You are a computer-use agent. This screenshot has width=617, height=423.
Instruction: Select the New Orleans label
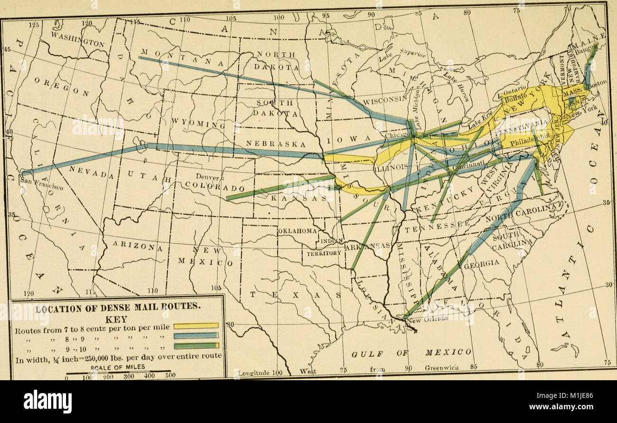pyautogui.click(x=430, y=320)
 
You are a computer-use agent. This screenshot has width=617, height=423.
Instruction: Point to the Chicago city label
pyautogui.click(x=397, y=135)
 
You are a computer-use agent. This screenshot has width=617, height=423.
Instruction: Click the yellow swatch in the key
pyautogui.click(x=196, y=326)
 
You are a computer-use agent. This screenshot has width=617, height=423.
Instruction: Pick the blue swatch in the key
pyautogui.click(x=196, y=336)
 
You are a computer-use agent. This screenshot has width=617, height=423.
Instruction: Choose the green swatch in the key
pyautogui.click(x=196, y=346)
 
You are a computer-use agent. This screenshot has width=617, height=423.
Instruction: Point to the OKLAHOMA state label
pyautogui.click(x=298, y=231)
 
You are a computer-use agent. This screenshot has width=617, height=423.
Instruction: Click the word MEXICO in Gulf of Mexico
pyautogui.click(x=448, y=352)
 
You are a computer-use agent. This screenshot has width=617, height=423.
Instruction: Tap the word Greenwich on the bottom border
pyautogui.click(x=441, y=367)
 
